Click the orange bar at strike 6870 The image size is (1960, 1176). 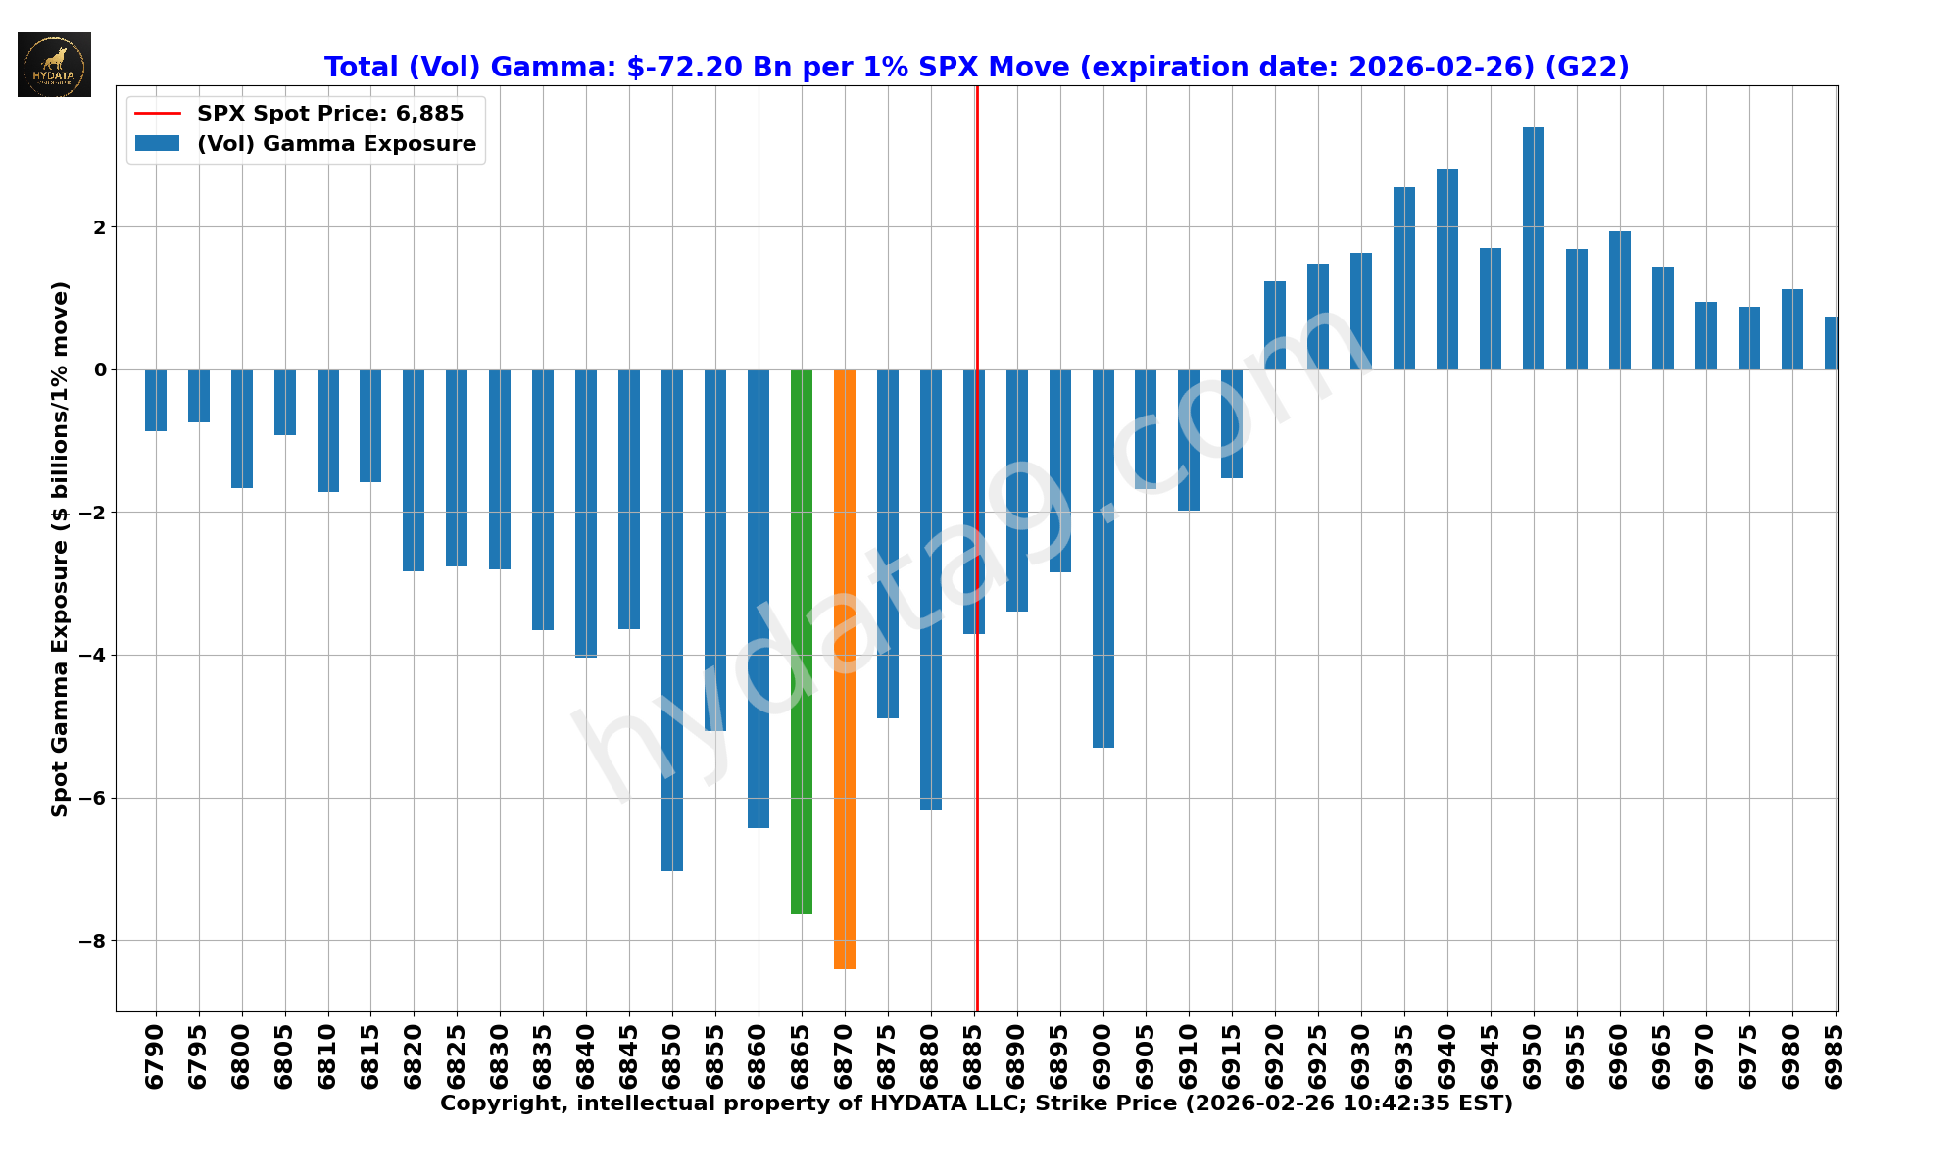click(x=844, y=668)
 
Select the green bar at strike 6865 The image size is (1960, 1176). click(x=801, y=642)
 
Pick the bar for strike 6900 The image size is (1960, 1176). click(x=1102, y=559)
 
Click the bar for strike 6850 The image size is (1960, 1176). click(x=671, y=619)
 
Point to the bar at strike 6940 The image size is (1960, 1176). click(x=1446, y=269)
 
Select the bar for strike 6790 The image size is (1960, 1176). click(x=155, y=400)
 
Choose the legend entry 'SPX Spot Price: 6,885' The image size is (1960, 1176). click(x=330, y=114)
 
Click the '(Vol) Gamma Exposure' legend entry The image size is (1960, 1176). click(x=336, y=144)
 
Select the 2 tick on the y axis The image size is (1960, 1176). click(x=99, y=227)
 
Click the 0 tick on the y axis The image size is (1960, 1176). click(x=99, y=369)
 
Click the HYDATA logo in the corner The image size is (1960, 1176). click(x=54, y=65)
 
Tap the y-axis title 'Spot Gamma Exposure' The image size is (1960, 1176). click(x=60, y=549)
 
